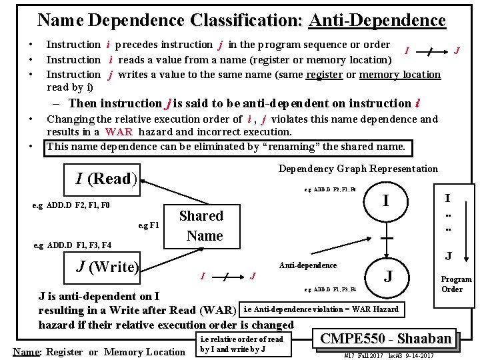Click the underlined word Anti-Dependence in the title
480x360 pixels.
377,20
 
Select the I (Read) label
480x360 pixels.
107,179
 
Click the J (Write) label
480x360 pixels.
107,267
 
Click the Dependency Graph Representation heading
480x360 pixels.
358,169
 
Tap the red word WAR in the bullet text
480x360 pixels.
119,132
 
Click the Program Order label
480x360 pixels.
456,284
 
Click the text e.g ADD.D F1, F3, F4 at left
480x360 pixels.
73,245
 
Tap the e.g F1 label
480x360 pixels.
148,225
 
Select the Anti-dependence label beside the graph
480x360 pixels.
307,265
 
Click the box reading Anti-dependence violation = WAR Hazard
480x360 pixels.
321,309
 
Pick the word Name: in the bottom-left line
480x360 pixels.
25,352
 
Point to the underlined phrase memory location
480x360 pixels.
400,75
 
